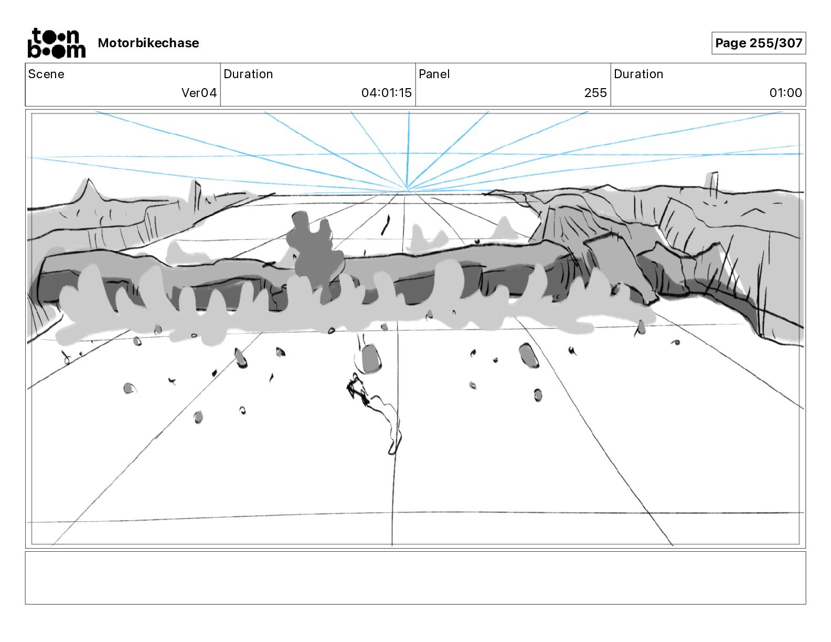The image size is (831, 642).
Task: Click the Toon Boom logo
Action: (56, 43)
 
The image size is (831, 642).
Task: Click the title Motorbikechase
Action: (148, 43)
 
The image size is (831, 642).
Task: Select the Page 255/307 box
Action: (758, 43)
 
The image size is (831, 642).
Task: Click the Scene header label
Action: (46, 74)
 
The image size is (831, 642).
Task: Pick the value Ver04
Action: (199, 93)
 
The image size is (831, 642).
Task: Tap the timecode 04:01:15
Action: (386, 93)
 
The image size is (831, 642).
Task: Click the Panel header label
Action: (434, 74)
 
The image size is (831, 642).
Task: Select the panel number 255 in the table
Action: (595, 93)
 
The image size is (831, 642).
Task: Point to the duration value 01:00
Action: (785, 93)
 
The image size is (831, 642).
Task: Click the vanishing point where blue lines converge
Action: (407, 189)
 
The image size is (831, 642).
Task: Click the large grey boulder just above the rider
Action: (371, 358)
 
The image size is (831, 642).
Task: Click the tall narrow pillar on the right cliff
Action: (713, 184)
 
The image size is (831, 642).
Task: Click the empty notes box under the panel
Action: (415, 577)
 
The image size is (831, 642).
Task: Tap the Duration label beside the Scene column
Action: (248, 74)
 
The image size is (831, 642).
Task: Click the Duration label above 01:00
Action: (638, 74)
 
